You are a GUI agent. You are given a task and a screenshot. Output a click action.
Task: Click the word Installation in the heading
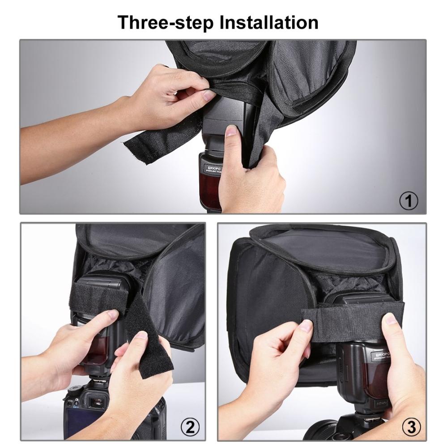pos(268,22)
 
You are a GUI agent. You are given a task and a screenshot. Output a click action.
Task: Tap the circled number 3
pos(410,416)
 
